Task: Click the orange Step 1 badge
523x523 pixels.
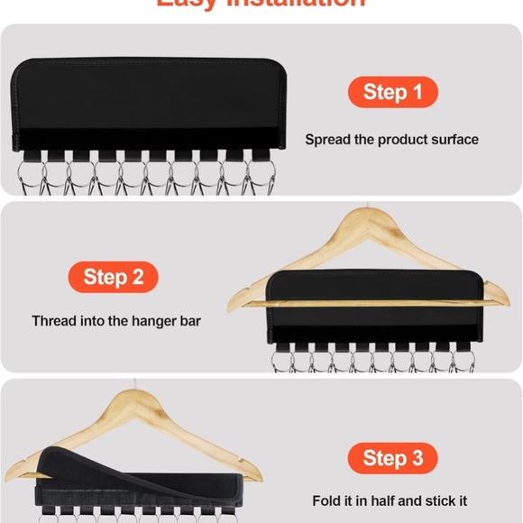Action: [x=392, y=92]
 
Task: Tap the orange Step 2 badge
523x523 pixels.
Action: [x=114, y=277]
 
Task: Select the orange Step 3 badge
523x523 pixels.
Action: [x=392, y=458]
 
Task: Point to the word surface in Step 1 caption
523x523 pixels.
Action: [x=454, y=140]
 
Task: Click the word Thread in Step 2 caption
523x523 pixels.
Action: [x=53, y=321]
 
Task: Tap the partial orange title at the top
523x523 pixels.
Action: [x=261, y=4]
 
